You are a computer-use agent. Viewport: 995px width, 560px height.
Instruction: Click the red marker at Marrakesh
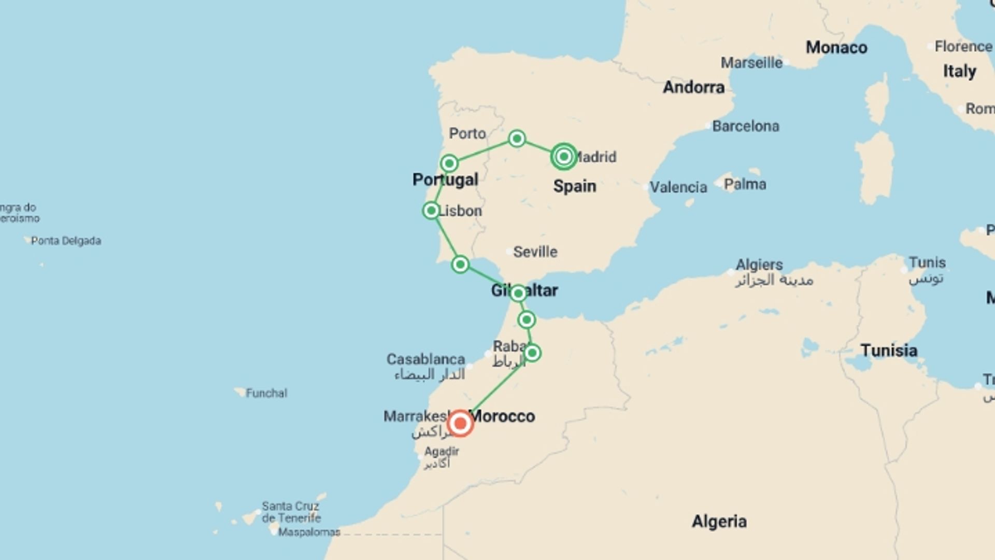(x=460, y=424)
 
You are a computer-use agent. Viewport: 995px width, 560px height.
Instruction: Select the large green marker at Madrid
(x=564, y=156)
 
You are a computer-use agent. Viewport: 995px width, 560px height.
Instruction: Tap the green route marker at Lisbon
(x=431, y=211)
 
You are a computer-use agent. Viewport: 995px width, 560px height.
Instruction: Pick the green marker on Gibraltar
(x=518, y=293)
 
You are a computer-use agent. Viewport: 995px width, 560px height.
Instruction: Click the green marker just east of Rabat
(x=532, y=353)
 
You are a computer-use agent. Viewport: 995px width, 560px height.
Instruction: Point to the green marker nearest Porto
(x=449, y=163)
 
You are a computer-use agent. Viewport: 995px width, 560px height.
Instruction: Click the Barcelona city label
(x=745, y=126)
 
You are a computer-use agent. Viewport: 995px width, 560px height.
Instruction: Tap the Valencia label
(x=678, y=187)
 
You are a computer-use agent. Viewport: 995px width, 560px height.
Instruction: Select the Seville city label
(x=535, y=252)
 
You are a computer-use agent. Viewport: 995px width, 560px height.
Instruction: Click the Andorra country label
(x=693, y=87)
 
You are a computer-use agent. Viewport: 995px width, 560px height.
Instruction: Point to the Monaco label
(x=836, y=48)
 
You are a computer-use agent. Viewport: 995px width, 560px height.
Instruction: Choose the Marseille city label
(x=751, y=63)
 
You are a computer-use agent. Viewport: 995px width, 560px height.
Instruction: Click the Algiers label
(x=759, y=264)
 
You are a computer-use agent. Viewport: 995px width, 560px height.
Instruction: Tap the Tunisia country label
(x=889, y=351)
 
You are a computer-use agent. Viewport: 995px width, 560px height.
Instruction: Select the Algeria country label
(x=719, y=521)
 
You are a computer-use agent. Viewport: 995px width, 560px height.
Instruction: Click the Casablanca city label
(x=425, y=359)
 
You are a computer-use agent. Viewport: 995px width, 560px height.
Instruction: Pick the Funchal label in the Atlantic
(x=266, y=393)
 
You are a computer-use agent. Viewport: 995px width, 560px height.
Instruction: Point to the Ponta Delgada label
(x=66, y=241)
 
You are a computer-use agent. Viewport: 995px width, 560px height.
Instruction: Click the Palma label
(x=745, y=184)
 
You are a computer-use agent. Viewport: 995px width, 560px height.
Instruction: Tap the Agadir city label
(x=442, y=451)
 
